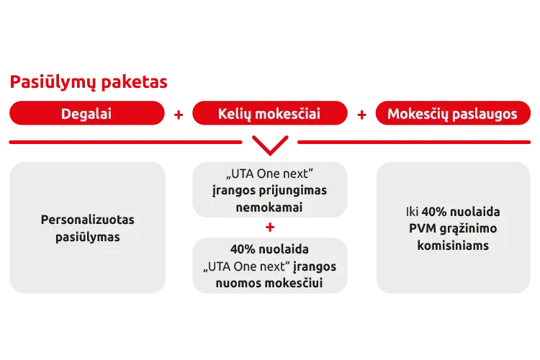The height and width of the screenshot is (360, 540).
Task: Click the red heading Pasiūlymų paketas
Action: click(x=87, y=82)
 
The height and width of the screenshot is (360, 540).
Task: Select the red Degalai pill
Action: click(x=86, y=114)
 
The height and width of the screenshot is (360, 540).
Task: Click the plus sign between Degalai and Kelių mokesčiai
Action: click(x=179, y=114)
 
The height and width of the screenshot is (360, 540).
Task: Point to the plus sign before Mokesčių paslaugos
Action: click(x=362, y=114)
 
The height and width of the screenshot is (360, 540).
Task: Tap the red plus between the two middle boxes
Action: click(x=270, y=228)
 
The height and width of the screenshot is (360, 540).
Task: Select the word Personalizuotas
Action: click(x=87, y=220)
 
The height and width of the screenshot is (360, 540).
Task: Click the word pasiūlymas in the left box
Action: click(x=87, y=236)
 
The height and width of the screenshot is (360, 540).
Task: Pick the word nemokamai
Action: click(x=270, y=207)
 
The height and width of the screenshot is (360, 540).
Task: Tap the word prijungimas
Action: click(x=291, y=191)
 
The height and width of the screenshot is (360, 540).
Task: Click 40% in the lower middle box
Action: click(x=243, y=250)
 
